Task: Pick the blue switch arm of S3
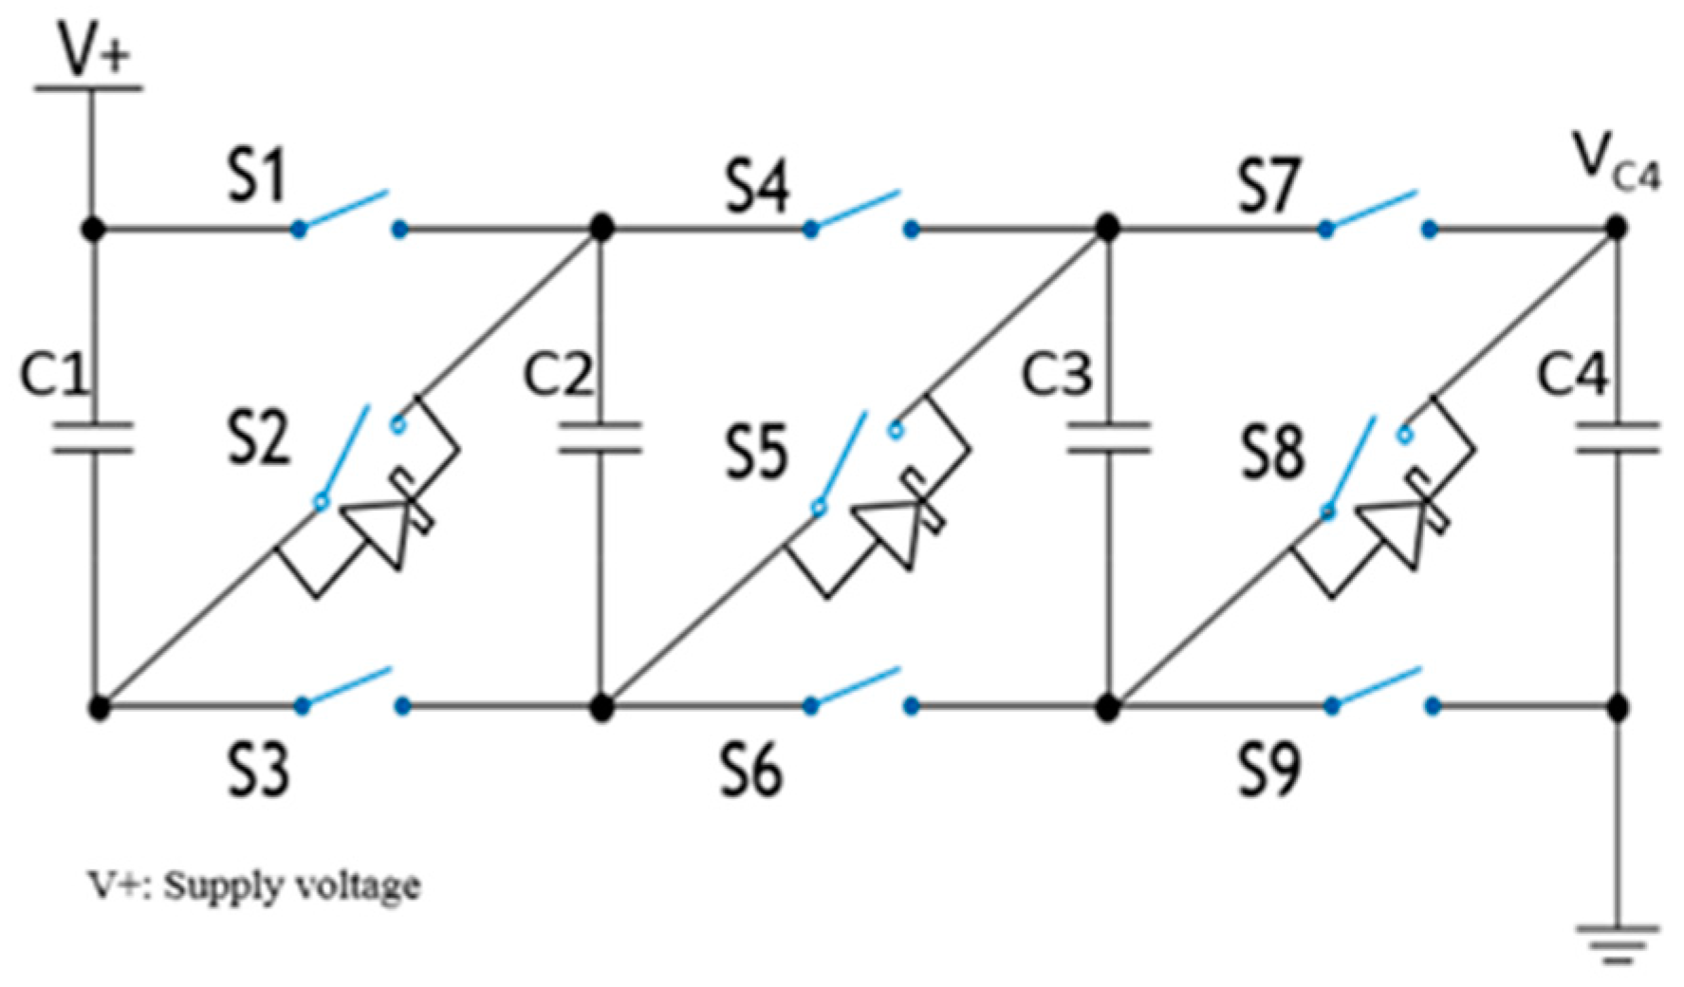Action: point(345,687)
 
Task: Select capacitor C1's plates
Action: point(93,438)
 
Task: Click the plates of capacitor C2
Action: point(600,438)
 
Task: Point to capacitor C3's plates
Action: point(1107,438)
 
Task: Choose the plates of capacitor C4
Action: point(1618,438)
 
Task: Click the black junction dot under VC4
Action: point(1618,228)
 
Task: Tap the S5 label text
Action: point(756,452)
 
